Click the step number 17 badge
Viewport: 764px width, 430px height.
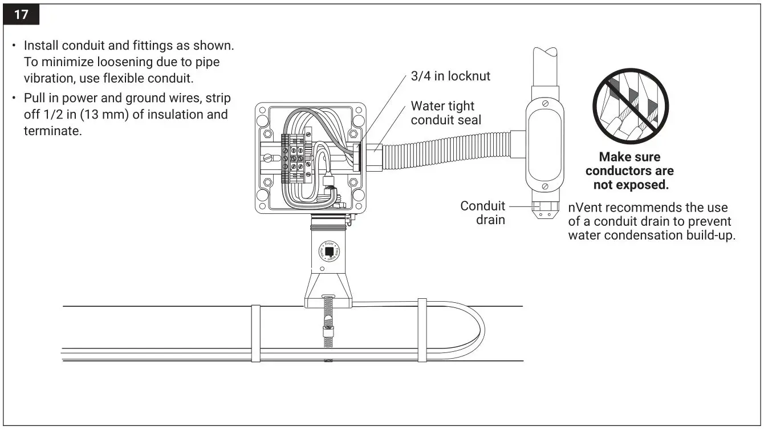click(x=21, y=14)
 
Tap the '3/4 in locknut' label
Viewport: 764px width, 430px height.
click(x=450, y=76)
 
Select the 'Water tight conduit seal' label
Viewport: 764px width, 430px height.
click(x=446, y=113)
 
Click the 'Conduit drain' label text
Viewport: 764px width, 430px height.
click(x=483, y=212)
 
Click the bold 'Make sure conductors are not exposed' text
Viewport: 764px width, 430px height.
click(x=629, y=171)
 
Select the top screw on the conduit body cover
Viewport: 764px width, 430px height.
click(x=546, y=103)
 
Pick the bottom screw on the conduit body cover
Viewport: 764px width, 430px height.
click(x=546, y=186)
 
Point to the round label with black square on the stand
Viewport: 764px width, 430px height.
click(x=329, y=251)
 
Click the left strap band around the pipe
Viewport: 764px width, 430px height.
click(x=256, y=333)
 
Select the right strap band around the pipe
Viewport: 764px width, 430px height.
click(x=422, y=330)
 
